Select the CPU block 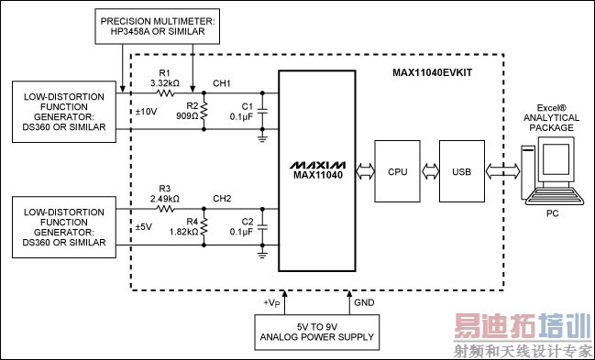397,170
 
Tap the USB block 461,170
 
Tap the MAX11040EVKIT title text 434,70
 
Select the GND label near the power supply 362,300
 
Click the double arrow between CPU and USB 428,170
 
